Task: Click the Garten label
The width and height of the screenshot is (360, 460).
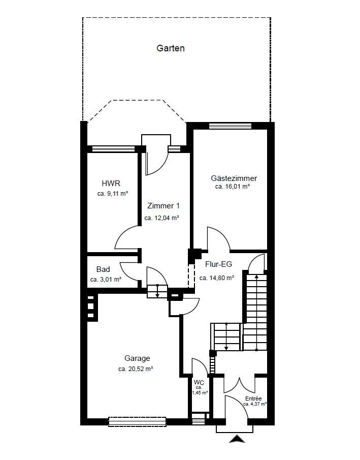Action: coord(170,48)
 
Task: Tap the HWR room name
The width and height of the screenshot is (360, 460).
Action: coord(111,183)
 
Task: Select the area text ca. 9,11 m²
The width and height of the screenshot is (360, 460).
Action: coord(113,194)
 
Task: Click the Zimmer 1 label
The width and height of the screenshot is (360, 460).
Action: coord(163,206)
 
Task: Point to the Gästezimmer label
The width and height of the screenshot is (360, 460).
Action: coord(234,178)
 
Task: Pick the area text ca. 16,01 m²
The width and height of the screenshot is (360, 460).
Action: coord(232,187)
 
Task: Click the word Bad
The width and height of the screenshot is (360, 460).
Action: coord(103,269)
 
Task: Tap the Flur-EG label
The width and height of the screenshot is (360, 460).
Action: coord(218,264)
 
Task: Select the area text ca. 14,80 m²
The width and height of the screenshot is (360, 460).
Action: coord(217,278)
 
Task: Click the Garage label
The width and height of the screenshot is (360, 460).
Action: coord(137,358)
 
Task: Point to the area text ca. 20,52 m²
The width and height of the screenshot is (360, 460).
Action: coord(136,369)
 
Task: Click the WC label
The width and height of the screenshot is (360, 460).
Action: coord(199,383)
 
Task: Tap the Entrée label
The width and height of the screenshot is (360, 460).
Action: coord(253,398)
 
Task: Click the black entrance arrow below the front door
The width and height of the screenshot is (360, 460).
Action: coord(237,439)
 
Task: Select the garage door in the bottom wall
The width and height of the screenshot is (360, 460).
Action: coord(137,421)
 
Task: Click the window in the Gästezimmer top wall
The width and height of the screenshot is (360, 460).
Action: coord(231,126)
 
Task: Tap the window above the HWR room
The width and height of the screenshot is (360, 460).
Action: coord(113,149)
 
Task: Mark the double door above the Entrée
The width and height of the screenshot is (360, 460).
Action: coord(240,385)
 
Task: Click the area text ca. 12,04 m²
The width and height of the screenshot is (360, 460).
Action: coord(161,218)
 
